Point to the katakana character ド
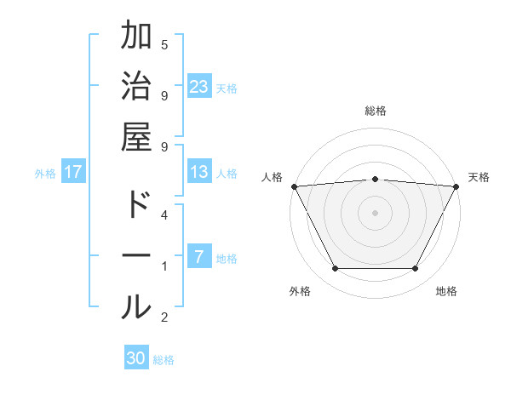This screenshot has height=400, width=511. pos(136,205)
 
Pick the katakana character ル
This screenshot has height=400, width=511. pos(136,306)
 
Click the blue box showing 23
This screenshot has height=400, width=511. pos(199,86)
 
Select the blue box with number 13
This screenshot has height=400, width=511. pos(199,172)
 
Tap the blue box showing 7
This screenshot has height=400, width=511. pos(199,257)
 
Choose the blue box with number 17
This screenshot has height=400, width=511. pos(73,172)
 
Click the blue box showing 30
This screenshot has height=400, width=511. pos(136,358)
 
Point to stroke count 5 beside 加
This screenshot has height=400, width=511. pos(164,44)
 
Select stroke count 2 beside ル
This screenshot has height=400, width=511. pos(164,317)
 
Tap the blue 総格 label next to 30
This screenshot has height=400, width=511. pos(164,360)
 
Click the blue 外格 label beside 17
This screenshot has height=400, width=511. pos(45,174)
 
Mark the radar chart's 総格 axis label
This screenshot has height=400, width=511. pos(375,111)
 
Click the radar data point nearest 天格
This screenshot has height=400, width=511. pos(456,186)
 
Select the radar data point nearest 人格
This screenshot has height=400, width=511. pos(294,186)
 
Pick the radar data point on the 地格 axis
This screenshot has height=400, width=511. pos(415,269)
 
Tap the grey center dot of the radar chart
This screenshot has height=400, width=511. pos(375,212)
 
